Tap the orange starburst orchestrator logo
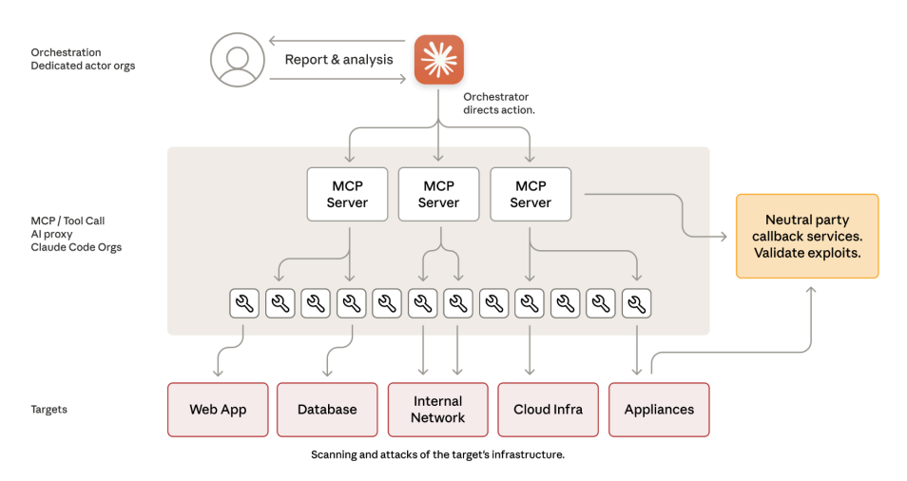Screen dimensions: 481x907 coord(438,60)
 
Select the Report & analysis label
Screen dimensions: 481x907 coord(338,59)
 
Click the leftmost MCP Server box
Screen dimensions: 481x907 coord(347,194)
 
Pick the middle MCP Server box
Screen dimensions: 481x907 coord(438,194)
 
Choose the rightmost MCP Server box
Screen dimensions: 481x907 coord(531,194)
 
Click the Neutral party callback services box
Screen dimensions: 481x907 coord(807,236)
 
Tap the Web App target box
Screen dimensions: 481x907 coord(218,410)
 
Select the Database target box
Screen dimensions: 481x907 coord(327,410)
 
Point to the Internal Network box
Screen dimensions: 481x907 coord(437,410)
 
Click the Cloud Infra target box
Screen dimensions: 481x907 coord(548,410)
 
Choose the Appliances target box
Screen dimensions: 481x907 coord(659,410)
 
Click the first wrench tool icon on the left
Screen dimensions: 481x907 coord(244,303)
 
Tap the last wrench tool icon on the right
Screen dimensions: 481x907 coord(637,303)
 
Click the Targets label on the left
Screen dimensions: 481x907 coord(49,410)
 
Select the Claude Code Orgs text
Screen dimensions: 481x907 coord(76,247)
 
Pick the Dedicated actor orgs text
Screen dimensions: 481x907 coord(83,66)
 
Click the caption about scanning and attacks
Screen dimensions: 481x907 coord(437,454)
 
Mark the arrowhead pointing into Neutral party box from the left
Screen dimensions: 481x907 coord(731,236)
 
